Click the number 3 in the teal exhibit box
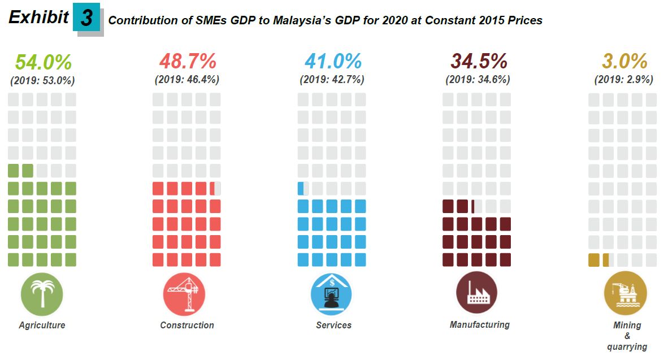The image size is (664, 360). point(86,19)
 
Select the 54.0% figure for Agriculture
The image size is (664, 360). point(44,62)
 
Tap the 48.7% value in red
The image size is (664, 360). point(188,61)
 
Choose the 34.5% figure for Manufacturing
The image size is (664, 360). point(479,61)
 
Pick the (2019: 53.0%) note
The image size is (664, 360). point(42,80)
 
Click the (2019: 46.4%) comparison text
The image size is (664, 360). point(187,80)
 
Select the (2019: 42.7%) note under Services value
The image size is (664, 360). point(332,80)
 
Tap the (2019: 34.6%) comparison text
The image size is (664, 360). point(478,80)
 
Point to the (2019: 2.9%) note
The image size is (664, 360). point(623,80)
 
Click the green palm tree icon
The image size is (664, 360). point(42,294)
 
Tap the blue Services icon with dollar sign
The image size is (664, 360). point(331,294)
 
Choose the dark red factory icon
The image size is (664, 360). point(477,293)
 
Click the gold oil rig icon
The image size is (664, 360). point(625,294)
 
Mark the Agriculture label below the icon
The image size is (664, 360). point(42,326)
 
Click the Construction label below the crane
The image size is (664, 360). point(187,326)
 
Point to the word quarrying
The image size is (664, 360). point(627,347)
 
